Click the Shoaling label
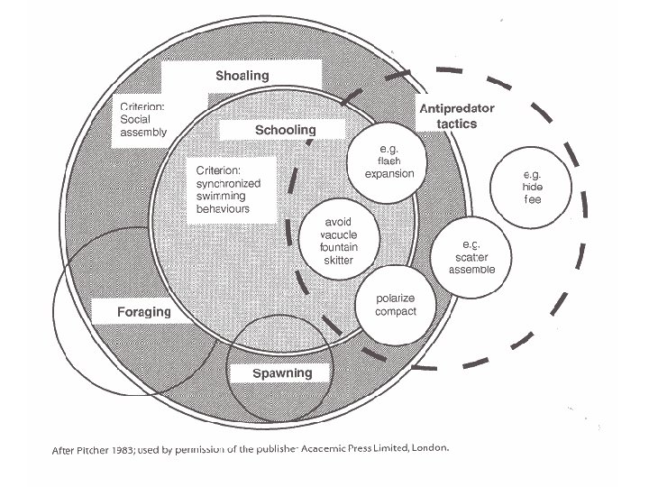pyautogui.click(x=242, y=76)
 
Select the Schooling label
pyautogui.click(x=285, y=130)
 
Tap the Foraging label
pyautogui.click(x=143, y=313)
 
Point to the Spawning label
pyautogui.click(x=282, y=372)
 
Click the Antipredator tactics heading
pyautogui.click(x=457, y=115)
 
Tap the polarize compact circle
pyautogui.click(x=396, y=306)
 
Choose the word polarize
pyautogui.click(x=396, y=299)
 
